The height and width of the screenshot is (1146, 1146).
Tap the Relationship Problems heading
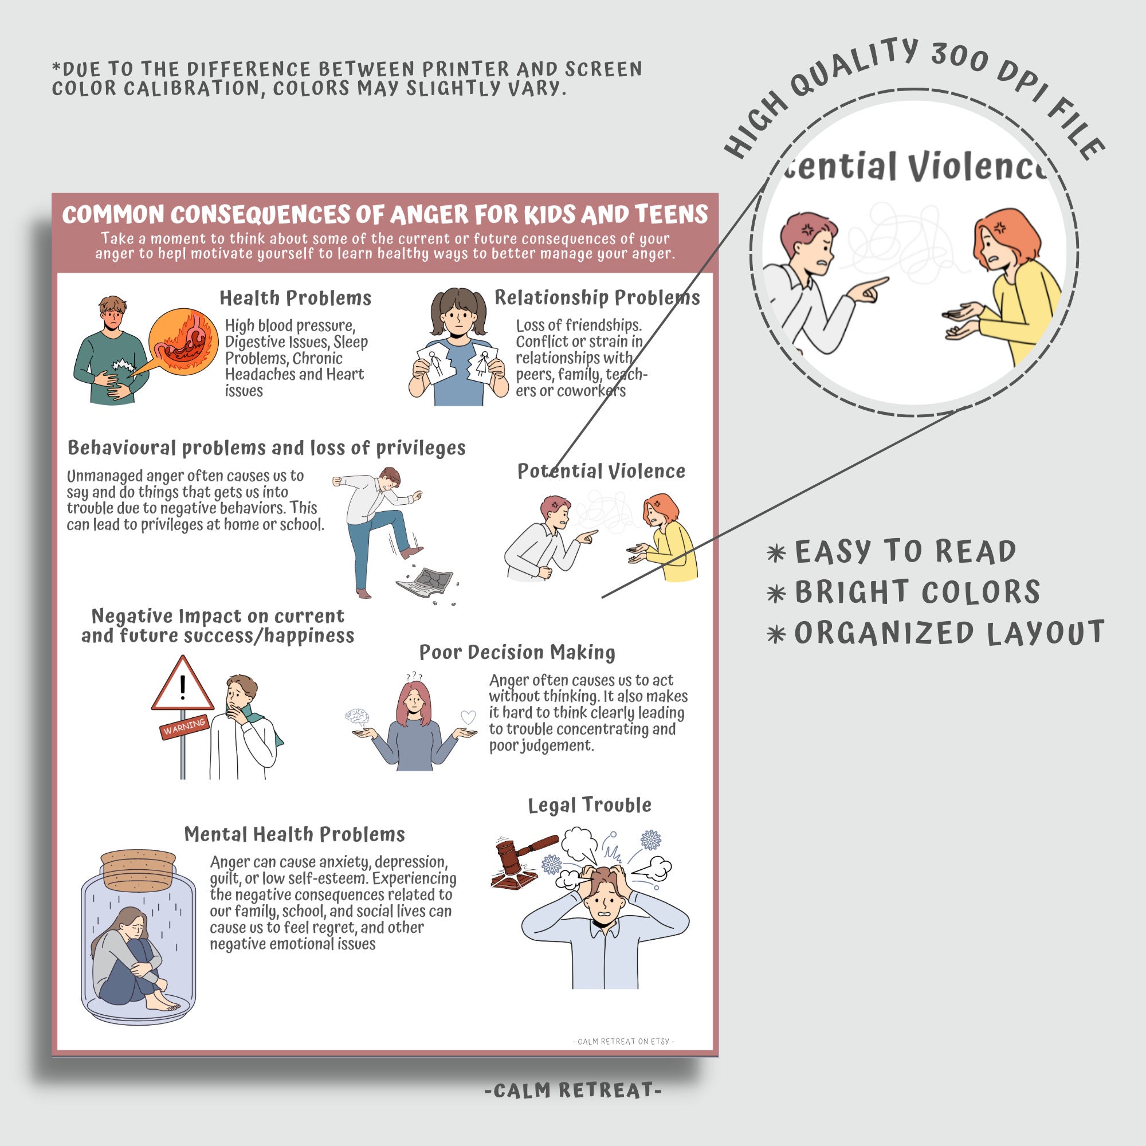point(596,297)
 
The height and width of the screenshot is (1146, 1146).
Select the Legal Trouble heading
point(589,805)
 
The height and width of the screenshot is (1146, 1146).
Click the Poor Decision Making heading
point(517,652)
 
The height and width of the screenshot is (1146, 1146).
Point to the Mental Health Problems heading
point(294,834)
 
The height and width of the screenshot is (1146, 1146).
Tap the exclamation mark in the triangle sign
point(183,687)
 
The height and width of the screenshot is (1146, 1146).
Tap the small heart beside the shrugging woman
point(468,717)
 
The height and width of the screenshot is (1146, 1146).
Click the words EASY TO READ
point(905,552)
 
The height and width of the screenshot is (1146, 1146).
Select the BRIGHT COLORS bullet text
point(917,592)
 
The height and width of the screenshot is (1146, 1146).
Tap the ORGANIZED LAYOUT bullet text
point(949,633)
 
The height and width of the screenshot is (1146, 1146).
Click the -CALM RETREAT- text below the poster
point(572,1090)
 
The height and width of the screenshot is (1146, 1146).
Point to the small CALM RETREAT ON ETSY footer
point(623,1041)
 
